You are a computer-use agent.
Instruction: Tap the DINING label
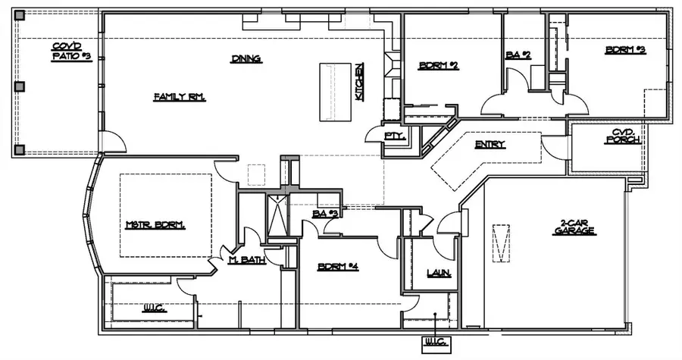[x=246, y=58]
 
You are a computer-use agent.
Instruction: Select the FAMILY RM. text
[x=180, y=97]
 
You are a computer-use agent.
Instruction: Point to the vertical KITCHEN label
[x=360, y=80]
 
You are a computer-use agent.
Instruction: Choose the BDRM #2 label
[x=439, y=66]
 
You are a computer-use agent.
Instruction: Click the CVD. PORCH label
[x=627, y=136]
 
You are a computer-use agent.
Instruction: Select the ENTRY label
[x=490, y=145]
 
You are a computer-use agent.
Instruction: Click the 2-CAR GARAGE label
[x=575, y=227]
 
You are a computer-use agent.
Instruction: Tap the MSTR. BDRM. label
[x=155, y=225]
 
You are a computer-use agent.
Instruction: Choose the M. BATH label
[x=246, y=261]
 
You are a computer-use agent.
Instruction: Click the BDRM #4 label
[x=338, y=267]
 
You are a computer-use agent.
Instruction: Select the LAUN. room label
[x=439, y=273]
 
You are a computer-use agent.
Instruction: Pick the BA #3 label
[x=324, y=215]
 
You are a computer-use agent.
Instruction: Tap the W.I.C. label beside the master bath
[x=155, y=308]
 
